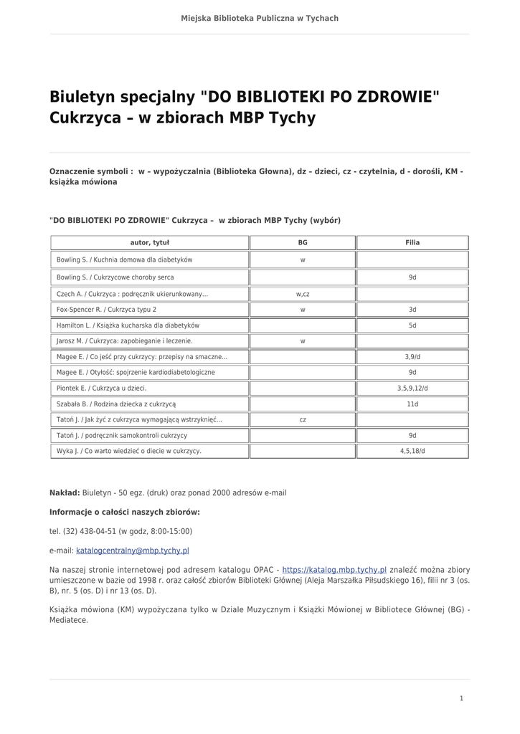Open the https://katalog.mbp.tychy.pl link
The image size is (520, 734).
point(334,570)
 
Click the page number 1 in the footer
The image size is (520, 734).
point(461,698)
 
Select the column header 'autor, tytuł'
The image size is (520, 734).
point(149,243)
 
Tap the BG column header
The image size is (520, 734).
point(303,243)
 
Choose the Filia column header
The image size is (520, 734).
point(412,243)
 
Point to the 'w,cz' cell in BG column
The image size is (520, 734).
point(303,294)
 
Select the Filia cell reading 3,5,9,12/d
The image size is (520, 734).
point(412,388)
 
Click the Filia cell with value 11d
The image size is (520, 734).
point(412,404)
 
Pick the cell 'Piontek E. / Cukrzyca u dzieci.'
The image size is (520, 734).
point(102,388)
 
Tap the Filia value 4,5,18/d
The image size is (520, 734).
point(412,451)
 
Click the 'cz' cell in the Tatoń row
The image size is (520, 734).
point(303,420)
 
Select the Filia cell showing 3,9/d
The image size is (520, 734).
point(412,356)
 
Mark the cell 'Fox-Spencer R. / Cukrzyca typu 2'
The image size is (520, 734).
point(106,310)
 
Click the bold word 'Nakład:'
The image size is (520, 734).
point(65,493)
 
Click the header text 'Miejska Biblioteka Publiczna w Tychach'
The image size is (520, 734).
point(260,18)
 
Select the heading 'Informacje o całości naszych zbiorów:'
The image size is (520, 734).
point(125,513)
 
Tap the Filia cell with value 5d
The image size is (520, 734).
point(412,325)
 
